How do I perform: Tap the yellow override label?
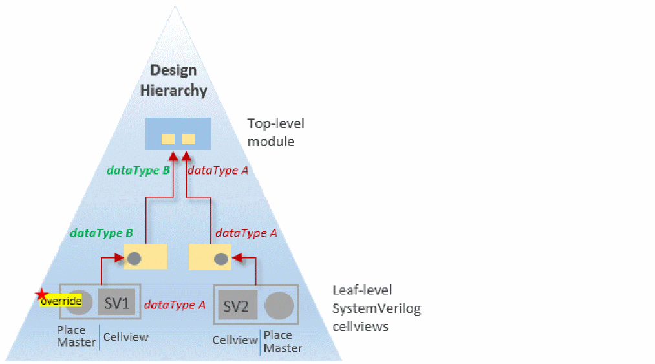coord(61,301)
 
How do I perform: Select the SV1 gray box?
coord(117,302)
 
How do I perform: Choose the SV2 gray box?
coord(235,306)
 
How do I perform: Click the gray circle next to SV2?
coord(279,306)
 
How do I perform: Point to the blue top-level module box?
coord(178,134)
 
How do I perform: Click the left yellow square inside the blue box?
coord(168,138)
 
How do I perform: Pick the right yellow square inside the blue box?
coord(188,138)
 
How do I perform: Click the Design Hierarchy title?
coord(174,80)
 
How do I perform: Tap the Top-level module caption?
coord(275,132)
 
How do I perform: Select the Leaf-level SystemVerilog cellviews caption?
coord(376,308)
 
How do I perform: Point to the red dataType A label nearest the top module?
coord(218,171)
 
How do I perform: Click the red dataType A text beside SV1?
coord(175,305)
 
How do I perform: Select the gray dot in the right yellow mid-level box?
coord(221,259)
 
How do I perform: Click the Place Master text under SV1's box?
coord(76,336)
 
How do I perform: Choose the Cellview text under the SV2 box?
coord(235,340)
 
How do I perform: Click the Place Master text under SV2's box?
coord(283,341)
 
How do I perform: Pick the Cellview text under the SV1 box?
coord(125,337)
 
